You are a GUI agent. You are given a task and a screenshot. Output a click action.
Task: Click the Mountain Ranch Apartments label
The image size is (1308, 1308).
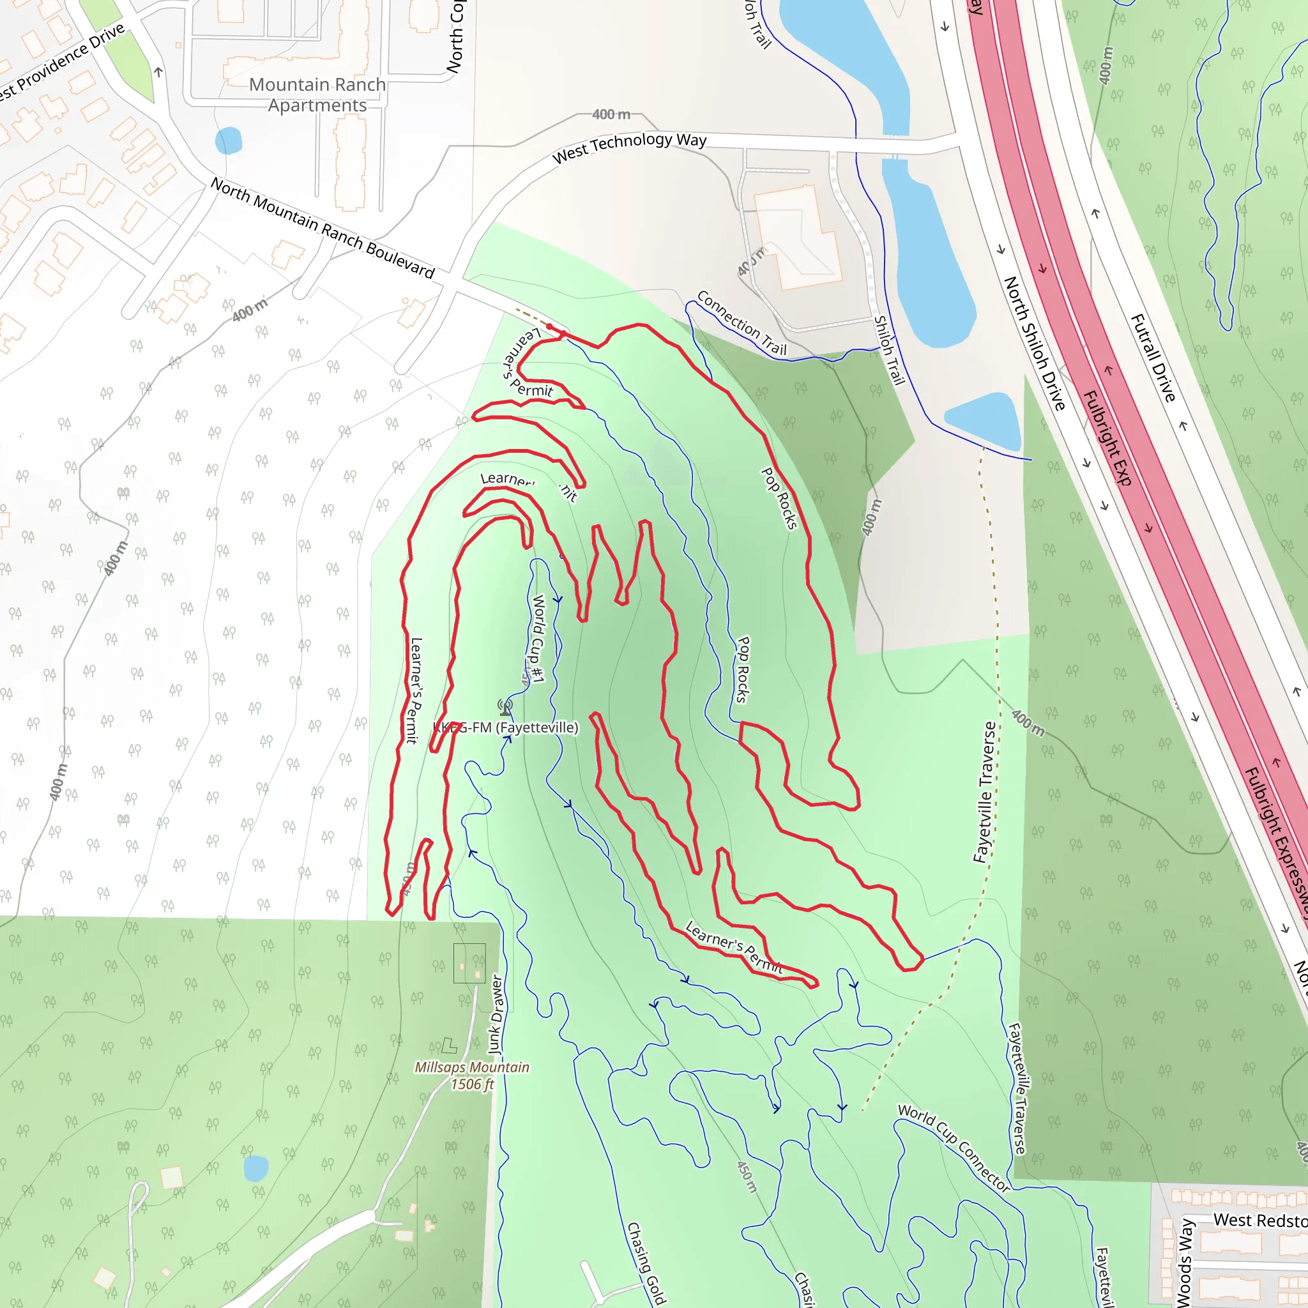coord(317,95)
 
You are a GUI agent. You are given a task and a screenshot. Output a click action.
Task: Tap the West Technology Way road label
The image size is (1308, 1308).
coord(629,148)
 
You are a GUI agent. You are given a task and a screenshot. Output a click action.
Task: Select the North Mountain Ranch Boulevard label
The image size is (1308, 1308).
coord(323,227)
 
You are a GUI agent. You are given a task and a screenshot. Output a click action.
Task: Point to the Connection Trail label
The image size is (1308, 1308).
coord(741,323)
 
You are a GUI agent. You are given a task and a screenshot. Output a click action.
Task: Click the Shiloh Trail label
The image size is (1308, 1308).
coord(889,350)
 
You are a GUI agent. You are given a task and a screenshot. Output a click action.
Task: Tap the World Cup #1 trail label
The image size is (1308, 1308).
coord(538,638)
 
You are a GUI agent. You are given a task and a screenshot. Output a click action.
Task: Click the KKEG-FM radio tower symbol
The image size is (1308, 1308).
coord(505,708)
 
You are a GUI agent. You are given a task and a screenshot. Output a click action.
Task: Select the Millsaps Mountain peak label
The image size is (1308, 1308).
coord(472,1067)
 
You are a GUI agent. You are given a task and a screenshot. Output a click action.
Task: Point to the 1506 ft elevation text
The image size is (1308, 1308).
coord(472,1084)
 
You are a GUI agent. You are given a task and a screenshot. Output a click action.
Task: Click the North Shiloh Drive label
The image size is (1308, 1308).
coord(1034,342)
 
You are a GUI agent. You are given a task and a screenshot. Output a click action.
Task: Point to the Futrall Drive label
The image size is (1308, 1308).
coord(1153,358)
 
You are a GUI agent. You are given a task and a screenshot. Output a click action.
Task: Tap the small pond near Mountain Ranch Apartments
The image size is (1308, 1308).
coord(228,141)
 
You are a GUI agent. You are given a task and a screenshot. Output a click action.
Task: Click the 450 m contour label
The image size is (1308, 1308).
coord(747,1176)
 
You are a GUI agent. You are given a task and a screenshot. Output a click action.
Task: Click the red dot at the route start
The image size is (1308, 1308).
coord(550,327)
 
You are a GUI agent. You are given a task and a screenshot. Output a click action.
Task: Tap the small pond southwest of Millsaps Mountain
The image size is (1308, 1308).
coord(256,1168)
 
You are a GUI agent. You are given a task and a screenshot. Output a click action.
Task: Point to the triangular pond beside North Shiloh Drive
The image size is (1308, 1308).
coord(987,420)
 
